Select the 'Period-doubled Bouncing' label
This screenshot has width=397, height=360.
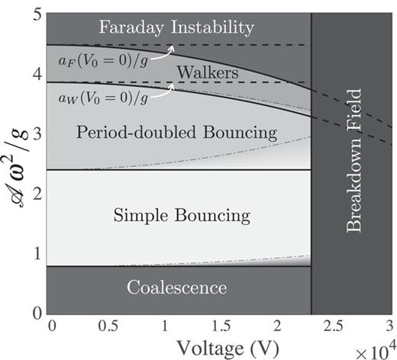176,133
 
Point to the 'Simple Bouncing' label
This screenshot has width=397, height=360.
182,216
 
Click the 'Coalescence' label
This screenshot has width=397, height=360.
176,288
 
